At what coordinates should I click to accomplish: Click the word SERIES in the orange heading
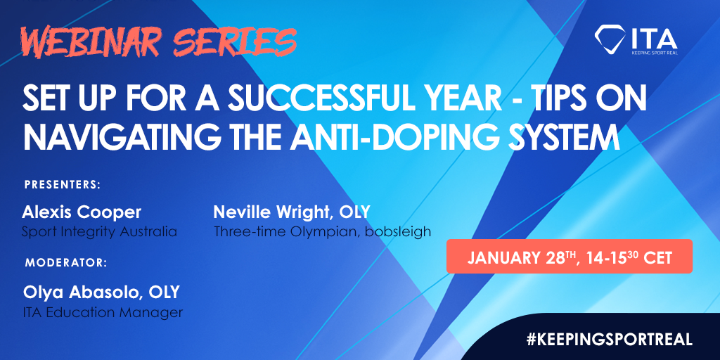click(235, 42)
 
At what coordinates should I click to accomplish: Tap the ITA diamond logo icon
click(610, 38)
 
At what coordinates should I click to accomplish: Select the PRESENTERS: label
click(63, 185)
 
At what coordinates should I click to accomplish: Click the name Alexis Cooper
click(82, 212)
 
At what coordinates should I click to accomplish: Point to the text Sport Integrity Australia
click(100, 231)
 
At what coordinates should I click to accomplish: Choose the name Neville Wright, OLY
click(292, 212)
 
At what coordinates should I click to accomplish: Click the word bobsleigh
click(398, 231)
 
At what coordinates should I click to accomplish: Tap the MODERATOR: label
click(65, 263)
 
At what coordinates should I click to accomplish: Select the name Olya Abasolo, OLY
click(101, 292)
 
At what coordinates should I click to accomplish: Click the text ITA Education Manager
click(103, 312)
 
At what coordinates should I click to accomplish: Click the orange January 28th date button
click(570, 256)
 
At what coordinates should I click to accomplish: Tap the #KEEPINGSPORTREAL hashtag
click(610, 340)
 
